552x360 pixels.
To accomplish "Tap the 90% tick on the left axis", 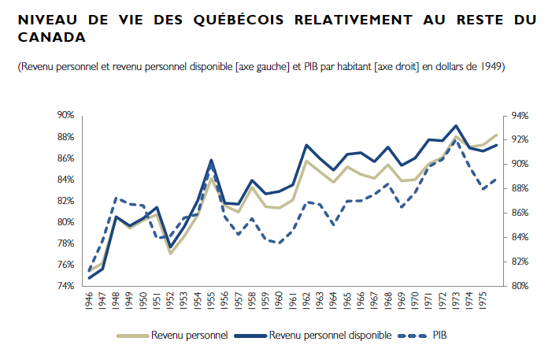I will (65, 115).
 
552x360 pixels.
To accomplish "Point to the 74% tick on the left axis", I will (65, 285).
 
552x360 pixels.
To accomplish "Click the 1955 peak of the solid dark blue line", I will (211, 160).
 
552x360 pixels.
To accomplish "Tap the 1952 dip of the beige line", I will (170, 253).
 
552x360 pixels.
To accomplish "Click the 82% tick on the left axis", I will (65, 200).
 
